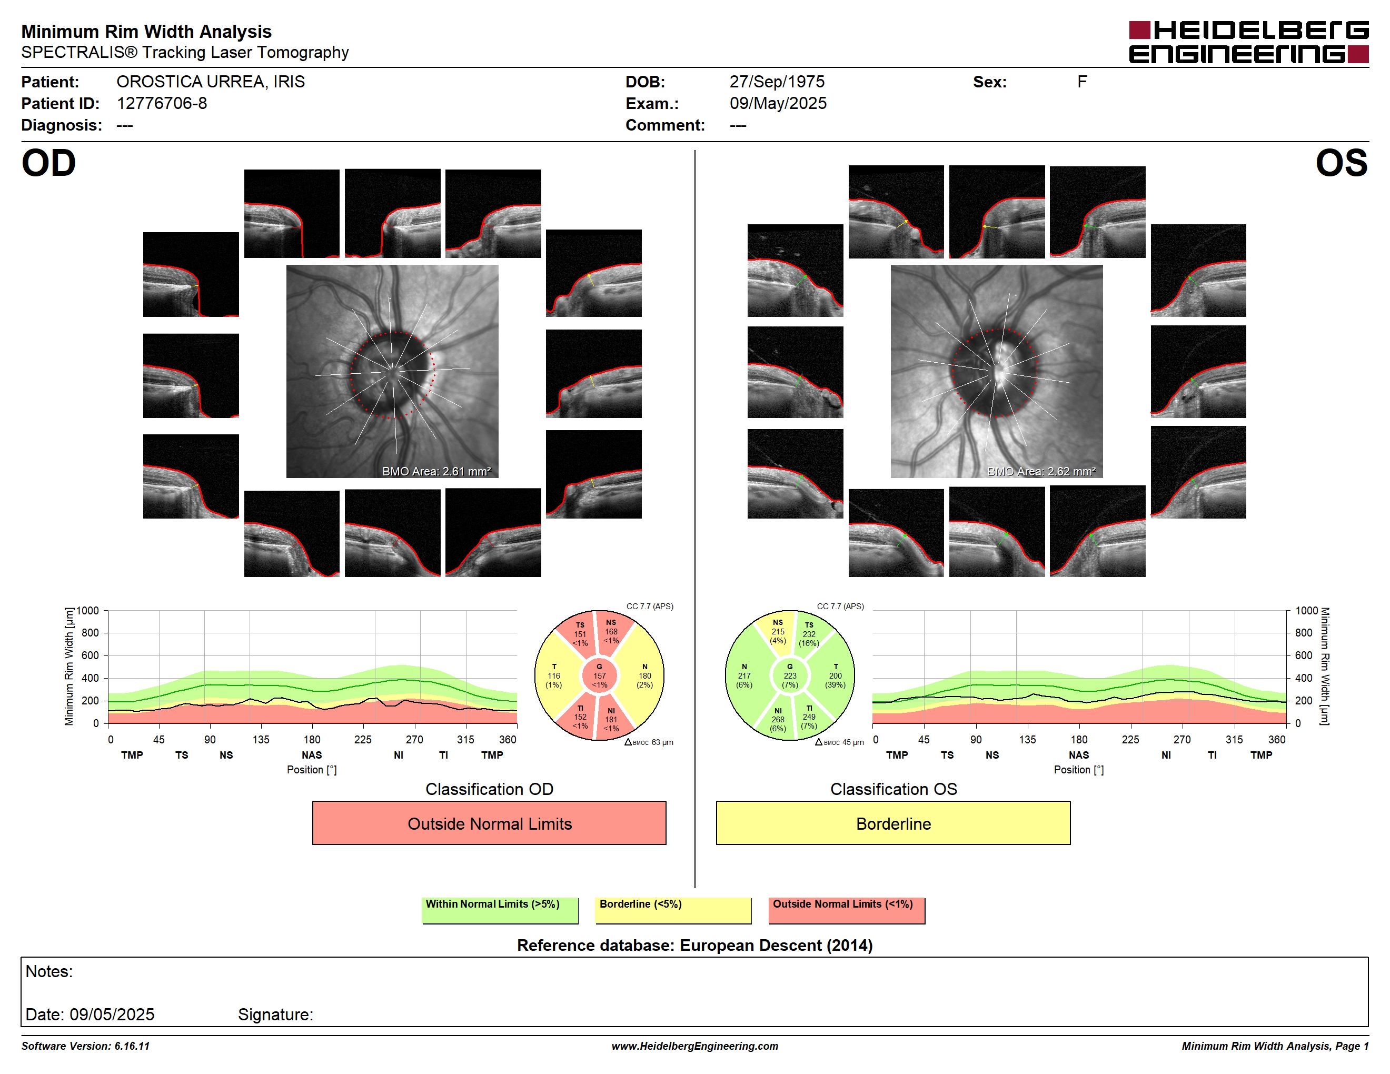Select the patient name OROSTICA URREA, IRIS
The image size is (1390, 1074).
coord(211,82)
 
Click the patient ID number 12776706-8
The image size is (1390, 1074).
coord(162,104)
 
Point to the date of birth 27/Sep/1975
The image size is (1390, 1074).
coord(777,82)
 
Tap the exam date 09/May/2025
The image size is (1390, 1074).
coord(778,104)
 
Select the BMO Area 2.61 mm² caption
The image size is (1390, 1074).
coord(436,472)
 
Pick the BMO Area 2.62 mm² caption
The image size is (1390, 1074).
coord(1041,472)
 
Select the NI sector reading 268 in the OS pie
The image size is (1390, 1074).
coord(778,720)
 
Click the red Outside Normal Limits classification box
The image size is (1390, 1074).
coord(489,823)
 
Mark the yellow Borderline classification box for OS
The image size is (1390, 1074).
coord(893,823)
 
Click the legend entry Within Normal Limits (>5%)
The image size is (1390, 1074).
coord(500,910)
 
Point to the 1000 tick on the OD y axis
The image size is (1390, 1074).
coord(88,611)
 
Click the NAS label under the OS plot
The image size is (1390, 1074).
coord(1079,755)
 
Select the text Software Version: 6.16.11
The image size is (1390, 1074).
coord(85,1046)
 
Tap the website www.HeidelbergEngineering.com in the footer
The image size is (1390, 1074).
coord(695,1046)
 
